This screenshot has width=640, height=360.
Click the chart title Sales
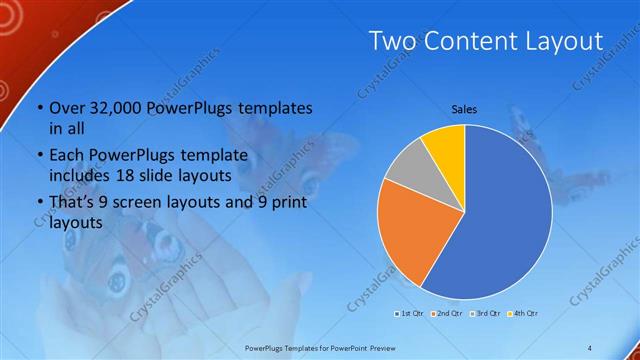[x=464, y=107]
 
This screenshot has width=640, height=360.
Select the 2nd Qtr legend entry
[x=446, y=314]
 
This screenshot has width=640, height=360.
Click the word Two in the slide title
[x=391, y=41]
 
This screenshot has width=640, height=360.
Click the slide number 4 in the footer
[x=590, y=346]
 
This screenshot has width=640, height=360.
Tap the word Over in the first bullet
[x=68, y=108]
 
